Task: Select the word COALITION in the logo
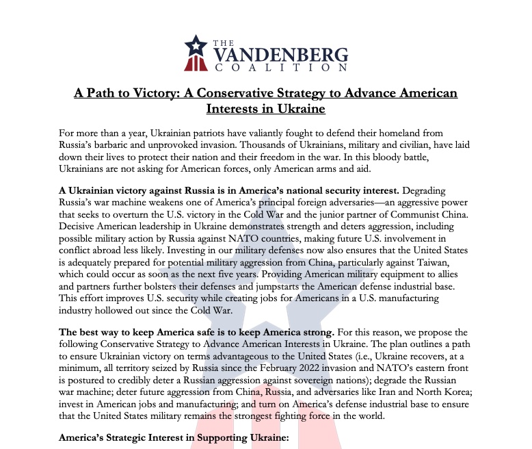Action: (x=280, y=68)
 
